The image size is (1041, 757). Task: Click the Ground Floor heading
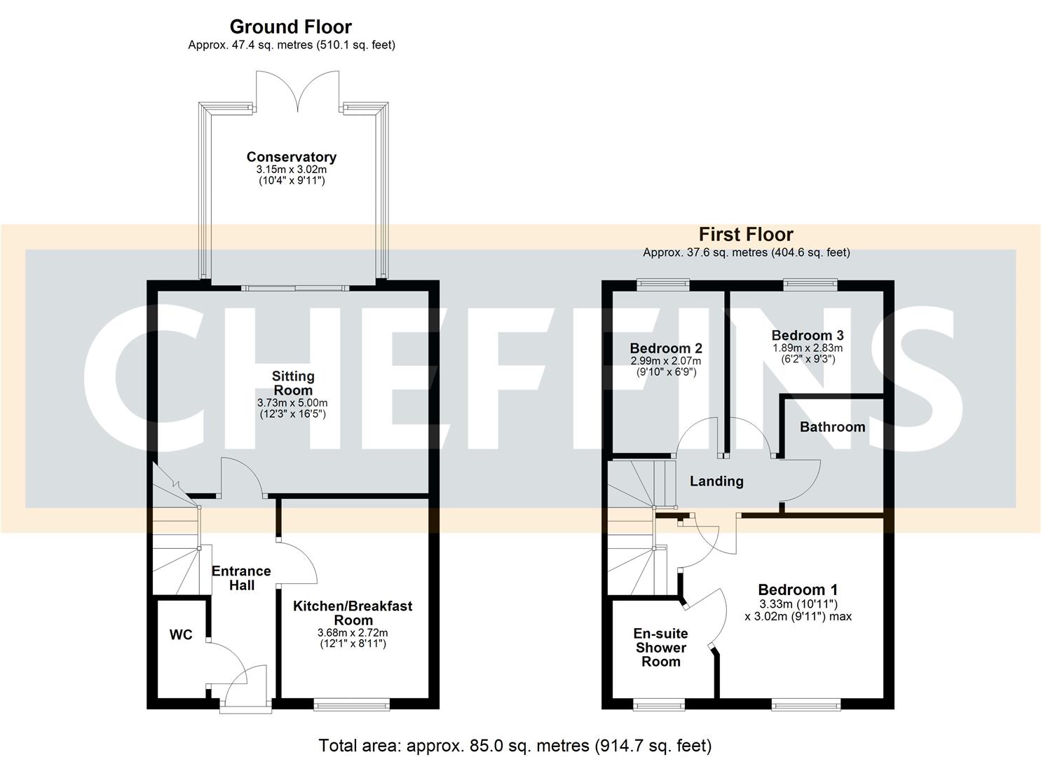(291, 27)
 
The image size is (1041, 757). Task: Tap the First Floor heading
(746, 234)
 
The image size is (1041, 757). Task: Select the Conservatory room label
(291, 157)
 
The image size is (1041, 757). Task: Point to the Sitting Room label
(293, 383)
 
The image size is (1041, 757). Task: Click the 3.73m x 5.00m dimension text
(292, 403)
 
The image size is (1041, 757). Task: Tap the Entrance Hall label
(241, 578)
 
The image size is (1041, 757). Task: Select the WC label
(181, 635)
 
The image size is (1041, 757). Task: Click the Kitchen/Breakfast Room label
(353, 613)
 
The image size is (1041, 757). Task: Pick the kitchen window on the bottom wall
(352, 703)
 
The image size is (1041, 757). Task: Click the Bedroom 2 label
(666, 348)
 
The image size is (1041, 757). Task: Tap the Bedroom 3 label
(808, 335)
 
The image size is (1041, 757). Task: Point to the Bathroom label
(832, 427)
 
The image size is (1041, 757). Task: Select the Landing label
(716, 481)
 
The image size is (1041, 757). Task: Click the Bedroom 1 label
(798, 589)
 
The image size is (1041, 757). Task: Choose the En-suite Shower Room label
(660, 647)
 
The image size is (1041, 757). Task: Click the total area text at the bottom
(515, 745)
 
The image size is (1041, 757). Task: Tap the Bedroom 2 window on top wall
(663, 284)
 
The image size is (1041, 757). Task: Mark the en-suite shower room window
(659, 704)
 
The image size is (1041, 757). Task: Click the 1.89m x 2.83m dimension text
(808, 348)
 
